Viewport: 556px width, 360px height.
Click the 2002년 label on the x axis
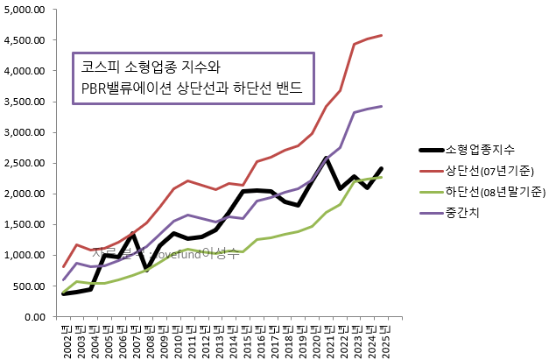[x=66, y=336]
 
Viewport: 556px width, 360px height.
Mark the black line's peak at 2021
[x=327, y=158]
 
